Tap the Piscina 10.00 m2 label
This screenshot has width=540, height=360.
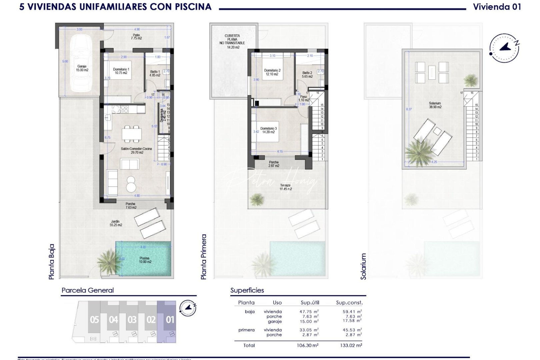tap(145, 260)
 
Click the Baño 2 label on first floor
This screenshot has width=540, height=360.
tap(307, 74)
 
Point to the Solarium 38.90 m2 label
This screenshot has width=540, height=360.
tap(435, 105)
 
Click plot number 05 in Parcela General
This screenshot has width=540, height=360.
tap(94, 320)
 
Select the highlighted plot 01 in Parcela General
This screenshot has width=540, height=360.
tap(170, 320)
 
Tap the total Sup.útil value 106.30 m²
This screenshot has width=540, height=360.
tap(309, 345)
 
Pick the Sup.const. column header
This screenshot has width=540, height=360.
tap(349, 303)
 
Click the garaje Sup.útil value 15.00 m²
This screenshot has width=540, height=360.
tap(309, 321)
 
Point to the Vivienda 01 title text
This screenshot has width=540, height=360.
tap(497, 7)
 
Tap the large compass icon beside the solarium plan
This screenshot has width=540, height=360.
tap(504, 48)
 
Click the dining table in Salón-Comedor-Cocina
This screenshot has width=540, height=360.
tap(132, 134)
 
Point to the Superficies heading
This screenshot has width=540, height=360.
tap(247, 290)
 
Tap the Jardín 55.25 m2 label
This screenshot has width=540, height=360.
tap(116, 223)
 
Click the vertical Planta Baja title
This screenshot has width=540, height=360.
tap(51, 262)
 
